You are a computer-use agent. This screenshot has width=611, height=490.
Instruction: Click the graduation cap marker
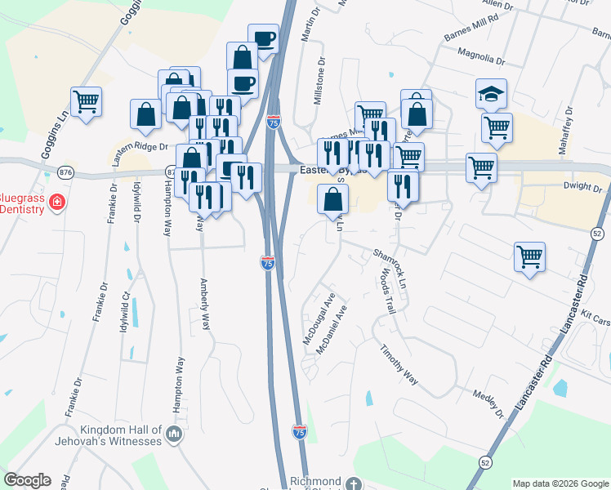[491, 94]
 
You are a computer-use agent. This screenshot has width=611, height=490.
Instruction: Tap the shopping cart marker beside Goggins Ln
[86, 102]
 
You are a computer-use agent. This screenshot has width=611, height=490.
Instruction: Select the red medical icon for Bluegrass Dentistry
[56, 201]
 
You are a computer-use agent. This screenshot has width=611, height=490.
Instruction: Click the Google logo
[27, 480]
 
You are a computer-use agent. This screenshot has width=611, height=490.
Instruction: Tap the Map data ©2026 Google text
[560, 483]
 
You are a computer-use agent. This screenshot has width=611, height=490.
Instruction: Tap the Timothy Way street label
[399, 364]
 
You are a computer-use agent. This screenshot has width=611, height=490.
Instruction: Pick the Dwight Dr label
[582, 187]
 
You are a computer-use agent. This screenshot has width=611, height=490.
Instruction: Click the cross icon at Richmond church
[353, 483]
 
